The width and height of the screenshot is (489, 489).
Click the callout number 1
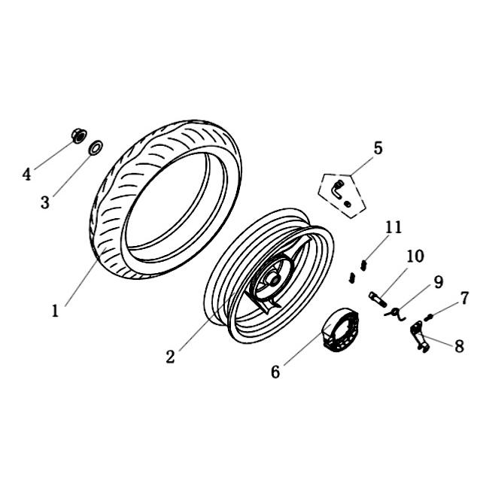[55, 311]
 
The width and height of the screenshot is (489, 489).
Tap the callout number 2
[170, 357]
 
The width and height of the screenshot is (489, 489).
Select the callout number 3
[45, 202]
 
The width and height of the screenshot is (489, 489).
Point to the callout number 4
[27, 175]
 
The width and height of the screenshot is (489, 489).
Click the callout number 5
[378, 148]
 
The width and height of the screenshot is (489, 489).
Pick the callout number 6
[275, 372]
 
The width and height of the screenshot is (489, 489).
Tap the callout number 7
[464, 298]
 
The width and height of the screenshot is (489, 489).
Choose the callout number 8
[459, 346]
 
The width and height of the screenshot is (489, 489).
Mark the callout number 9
[439, 282]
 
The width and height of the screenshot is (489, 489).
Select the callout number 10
[415, 256]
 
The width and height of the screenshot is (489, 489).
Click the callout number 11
[393, 227]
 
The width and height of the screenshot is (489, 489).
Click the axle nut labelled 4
[79, 136]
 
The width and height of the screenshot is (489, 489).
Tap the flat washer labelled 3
[96, 147]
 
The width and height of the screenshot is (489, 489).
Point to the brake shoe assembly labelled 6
[341, 330]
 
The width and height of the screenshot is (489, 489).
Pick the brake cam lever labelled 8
[420, 337]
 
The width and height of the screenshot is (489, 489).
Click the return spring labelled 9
[396, 314]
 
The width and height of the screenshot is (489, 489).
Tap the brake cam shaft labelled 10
[378, 299]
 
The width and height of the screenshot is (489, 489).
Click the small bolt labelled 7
[429, 317]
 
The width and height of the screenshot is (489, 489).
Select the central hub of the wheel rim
[272, 279]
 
